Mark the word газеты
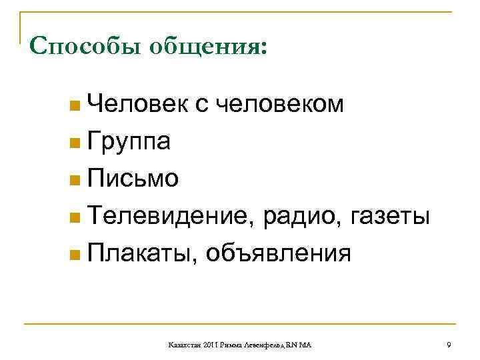tap(394, 216)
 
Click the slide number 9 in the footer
tap(449, 345)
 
